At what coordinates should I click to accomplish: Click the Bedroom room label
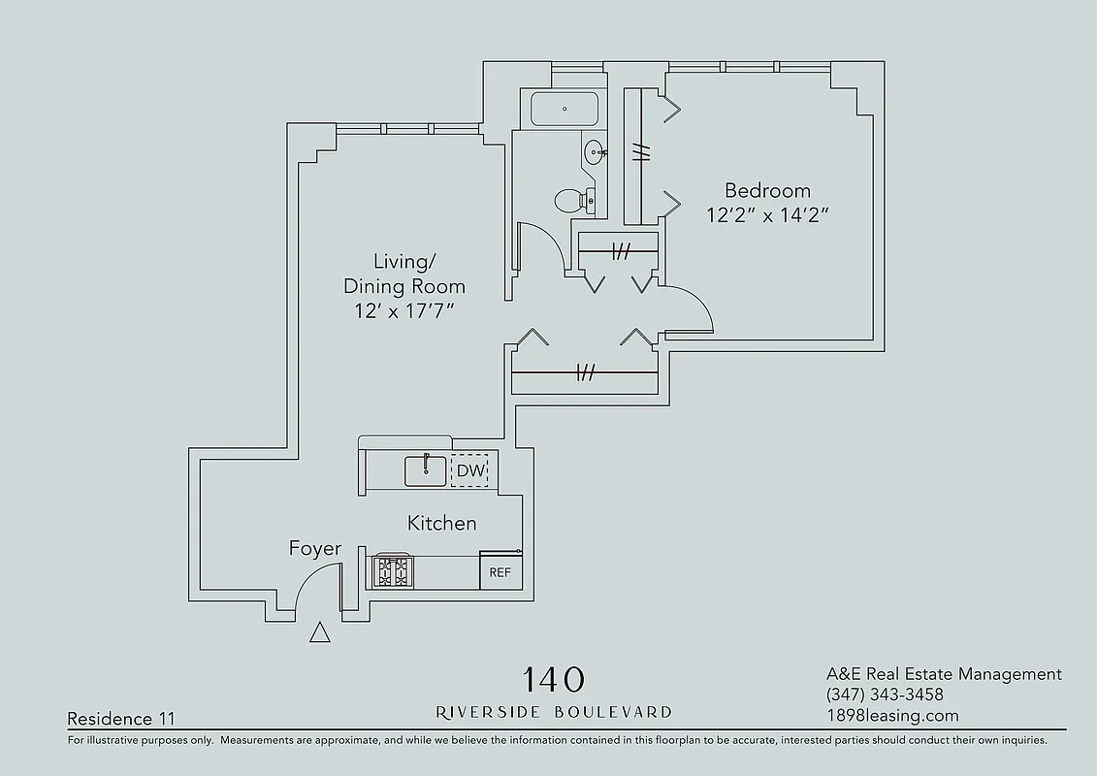click(766, 190)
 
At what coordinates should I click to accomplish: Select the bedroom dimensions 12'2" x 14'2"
click(766, 215)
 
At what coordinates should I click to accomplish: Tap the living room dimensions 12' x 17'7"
click(404, 311)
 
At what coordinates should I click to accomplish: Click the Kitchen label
click(441, 524)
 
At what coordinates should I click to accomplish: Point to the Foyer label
click(315, 549)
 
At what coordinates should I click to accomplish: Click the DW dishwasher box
click(470, 470)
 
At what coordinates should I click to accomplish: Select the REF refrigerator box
click(500, 571)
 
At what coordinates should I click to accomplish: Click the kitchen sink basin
click(425, 470)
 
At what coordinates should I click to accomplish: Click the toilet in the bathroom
click(573, 200)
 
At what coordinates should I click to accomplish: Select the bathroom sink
click(595, 151)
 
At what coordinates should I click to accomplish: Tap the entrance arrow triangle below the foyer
click(319, 633)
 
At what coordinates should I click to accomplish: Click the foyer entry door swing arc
click(310, 584)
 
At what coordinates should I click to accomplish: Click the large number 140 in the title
click(554, 678)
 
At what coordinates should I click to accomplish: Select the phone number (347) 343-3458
click(885, 695)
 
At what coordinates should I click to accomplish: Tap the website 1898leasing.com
click(892, 716)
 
